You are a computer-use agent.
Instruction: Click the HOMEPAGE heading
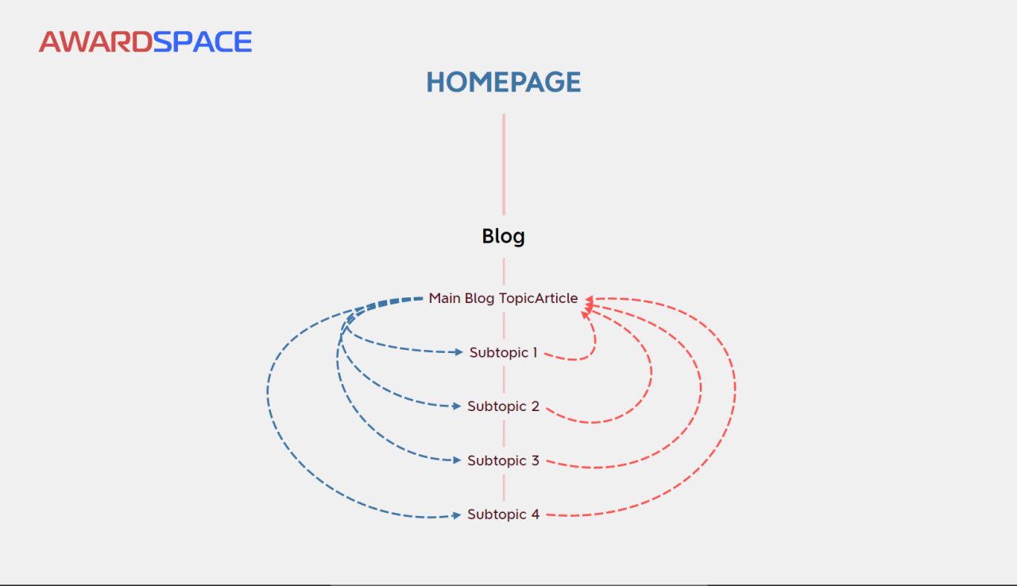(x=503, y=82)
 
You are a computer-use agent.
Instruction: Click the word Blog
(x=503, y=236)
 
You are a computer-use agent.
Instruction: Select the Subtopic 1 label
(x=503, y=352)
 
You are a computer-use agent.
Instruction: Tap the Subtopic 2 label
(x=503, y=406)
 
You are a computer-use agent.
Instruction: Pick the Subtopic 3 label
(x=503, y=460)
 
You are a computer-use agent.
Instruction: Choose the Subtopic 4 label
(x=503, y=514)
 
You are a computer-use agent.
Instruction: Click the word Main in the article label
(x=444, y=298)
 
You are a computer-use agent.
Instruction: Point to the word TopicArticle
(x=538, y=298)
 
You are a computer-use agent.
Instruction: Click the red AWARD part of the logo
(x=95, y=41)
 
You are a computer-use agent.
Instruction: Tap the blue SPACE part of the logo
(x=203, y=41)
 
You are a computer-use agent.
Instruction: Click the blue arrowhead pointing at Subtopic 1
(x=458, y=351)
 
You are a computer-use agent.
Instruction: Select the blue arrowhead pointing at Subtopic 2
(x=457, y=406)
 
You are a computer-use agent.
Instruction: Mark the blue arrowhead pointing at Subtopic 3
(x=457, y=460)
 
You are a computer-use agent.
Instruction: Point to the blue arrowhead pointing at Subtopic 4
(x=457, y=515)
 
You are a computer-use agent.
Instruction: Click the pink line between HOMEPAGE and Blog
(x=504, y=164)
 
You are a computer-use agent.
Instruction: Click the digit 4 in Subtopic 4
(x=536, y=514)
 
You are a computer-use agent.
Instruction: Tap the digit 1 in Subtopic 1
(x=535, y=352)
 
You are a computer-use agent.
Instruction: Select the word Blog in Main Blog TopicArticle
(x=479, y=298)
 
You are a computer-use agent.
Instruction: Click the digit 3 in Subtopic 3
(x=536, y=460)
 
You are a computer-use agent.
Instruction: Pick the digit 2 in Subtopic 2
(x=536, y=406)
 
